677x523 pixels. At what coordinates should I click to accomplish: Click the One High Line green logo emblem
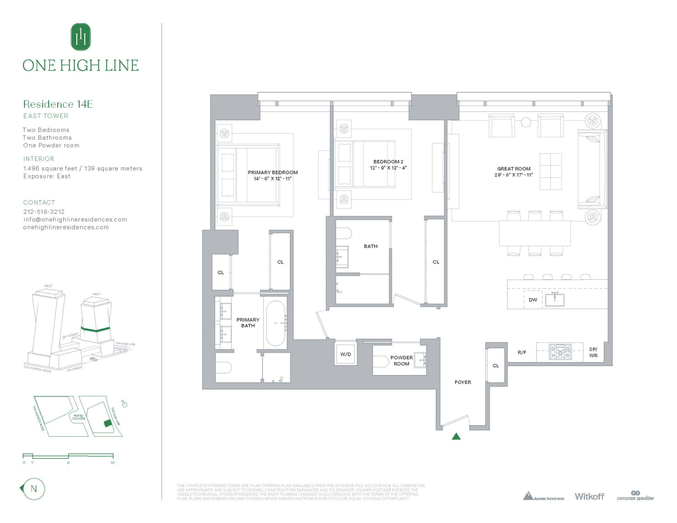point(81,37)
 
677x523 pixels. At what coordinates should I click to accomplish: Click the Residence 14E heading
point(58,104)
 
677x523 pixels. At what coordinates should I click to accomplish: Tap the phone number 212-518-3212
point(44,212)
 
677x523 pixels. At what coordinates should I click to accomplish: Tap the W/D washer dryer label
point(346,354)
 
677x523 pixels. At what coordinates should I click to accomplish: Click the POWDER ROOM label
point(401,361)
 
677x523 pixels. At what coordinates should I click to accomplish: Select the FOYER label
point(462,382)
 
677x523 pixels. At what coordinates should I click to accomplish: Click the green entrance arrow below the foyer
point(456,436)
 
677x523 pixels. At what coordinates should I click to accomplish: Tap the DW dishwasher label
point(533,300)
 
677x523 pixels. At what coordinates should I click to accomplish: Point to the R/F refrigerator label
point(522,353)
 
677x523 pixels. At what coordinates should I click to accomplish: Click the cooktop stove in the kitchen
point(560,351)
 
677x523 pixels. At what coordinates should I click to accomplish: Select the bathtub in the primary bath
point(276,323)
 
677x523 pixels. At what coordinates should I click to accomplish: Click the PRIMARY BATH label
point(248,323)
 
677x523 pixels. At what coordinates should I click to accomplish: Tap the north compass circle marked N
point(34,489)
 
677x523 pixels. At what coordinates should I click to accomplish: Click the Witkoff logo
point(589,496)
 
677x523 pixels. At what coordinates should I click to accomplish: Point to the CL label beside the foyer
point(496,366)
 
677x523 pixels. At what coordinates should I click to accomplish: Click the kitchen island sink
point(555,300)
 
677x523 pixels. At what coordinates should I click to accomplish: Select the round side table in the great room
point(526,122)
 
